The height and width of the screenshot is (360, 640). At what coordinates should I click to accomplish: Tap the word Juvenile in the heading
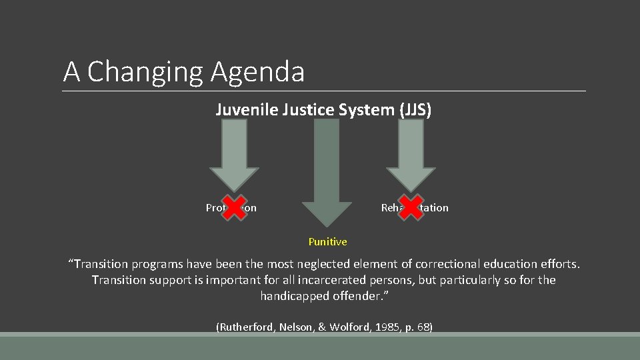242,110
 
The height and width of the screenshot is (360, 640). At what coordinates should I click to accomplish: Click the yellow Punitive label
327,241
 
